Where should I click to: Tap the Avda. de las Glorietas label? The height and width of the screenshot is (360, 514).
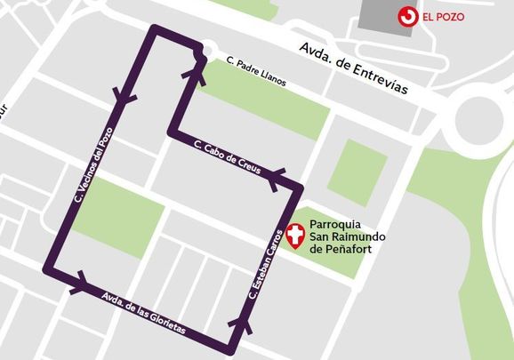point(145,313)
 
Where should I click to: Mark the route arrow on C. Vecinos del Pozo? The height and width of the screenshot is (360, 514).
point(122,96)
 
